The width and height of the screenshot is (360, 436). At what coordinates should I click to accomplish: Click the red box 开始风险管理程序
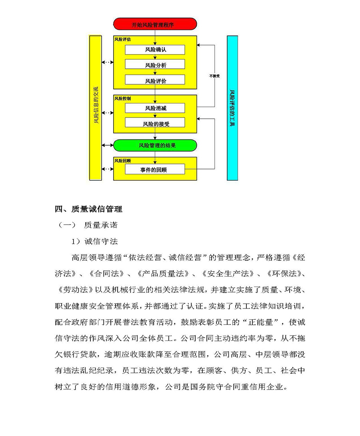[x=155, y=24]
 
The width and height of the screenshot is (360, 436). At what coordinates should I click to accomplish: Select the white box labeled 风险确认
[x=155, y=50]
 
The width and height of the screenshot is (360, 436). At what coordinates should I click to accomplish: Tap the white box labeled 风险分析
[x=155, y=65]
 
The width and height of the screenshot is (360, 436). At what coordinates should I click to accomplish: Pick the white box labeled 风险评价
[x=155, y=80]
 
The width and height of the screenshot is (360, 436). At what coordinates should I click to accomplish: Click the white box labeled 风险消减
[x=155, y=108]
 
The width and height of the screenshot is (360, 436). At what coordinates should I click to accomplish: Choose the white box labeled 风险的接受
[x=155, y=123]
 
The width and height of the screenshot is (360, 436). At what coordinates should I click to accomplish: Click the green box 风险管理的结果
[x=155, y=145]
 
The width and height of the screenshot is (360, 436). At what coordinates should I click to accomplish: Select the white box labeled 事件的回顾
[x=155, y=169]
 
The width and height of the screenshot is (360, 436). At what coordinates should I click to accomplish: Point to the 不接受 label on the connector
[x=214, y=75]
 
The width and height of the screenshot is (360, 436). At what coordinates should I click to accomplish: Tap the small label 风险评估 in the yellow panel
[x=122, y=40]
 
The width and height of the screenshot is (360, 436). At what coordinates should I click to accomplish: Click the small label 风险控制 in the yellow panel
[x=122, y=98]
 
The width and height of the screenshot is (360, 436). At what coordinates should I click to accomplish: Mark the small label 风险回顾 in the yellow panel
[x=122, y=160]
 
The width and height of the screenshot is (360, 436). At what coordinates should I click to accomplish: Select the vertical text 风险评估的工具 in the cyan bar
[x=232, y=108]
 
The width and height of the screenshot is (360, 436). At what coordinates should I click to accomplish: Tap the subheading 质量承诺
[x=100, y=225]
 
